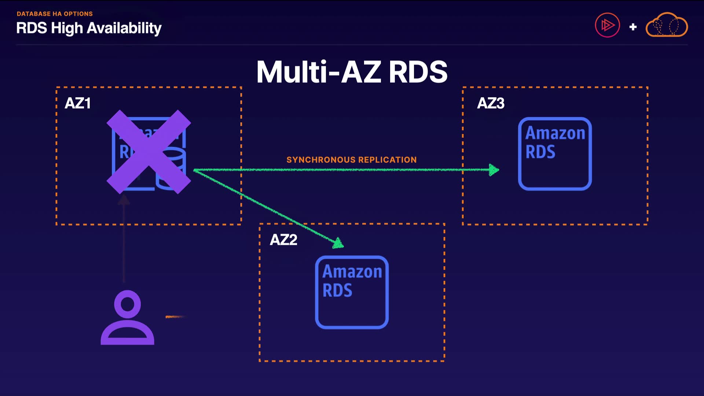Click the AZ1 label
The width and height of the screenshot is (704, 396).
[77, 103]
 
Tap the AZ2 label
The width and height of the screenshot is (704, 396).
[283, 240]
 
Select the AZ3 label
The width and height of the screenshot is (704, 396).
[491, 103]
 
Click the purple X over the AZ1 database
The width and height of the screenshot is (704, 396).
[149, 152]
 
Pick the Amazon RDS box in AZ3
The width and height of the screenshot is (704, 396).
[555, 154]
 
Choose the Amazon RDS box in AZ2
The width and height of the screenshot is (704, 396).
[352, 292]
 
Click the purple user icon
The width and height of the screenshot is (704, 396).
[127, 318]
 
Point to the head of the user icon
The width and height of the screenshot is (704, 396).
[127, 304]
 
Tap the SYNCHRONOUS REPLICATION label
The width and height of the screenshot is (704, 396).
[351, 160]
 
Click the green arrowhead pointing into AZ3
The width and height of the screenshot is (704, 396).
[494, 170]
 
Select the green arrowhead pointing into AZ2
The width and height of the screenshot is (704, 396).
[338, 243]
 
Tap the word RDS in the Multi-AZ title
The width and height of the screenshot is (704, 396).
[418, 72]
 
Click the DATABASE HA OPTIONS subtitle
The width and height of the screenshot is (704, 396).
[55, 14]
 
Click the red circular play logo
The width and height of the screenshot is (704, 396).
[607, 25]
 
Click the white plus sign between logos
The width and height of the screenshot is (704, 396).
[633, 27]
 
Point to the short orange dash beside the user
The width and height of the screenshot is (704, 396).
[175, 316]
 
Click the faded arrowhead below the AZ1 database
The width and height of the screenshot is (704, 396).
[124, 199]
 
